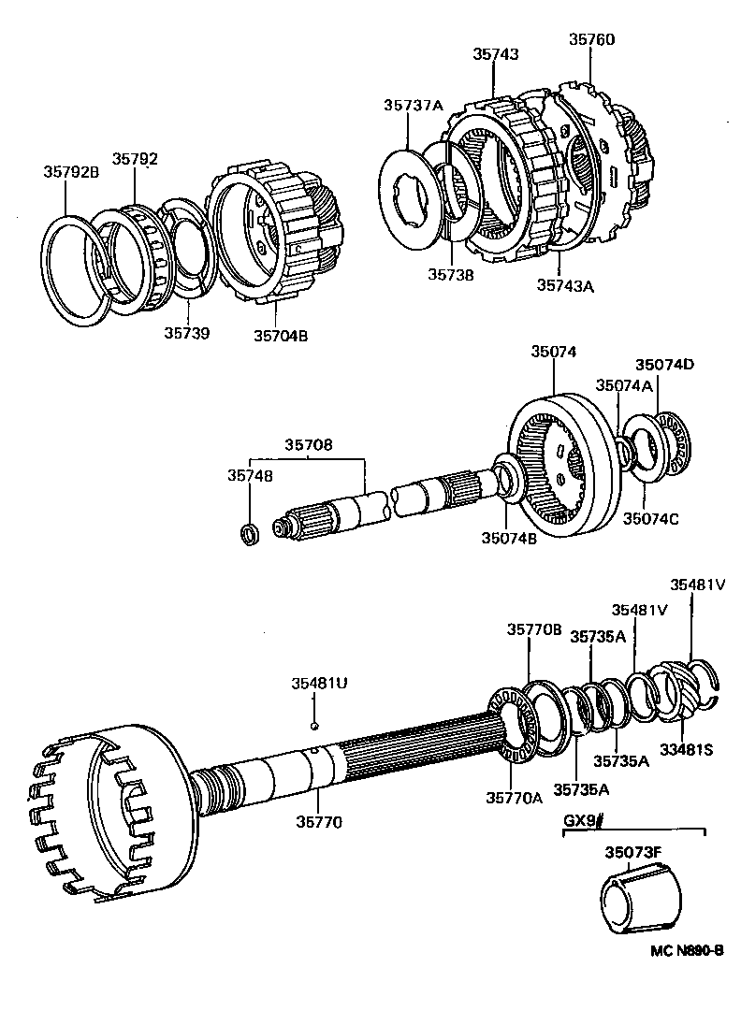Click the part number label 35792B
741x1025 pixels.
click(x=71, y=171)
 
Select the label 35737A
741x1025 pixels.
click(x=413, y=106)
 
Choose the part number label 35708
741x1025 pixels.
click(x=309, y=446)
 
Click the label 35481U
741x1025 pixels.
click(x=316, y=684)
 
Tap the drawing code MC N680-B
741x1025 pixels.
click(x=688, y=950)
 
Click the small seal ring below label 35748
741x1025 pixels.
click(x=250, y=534)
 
